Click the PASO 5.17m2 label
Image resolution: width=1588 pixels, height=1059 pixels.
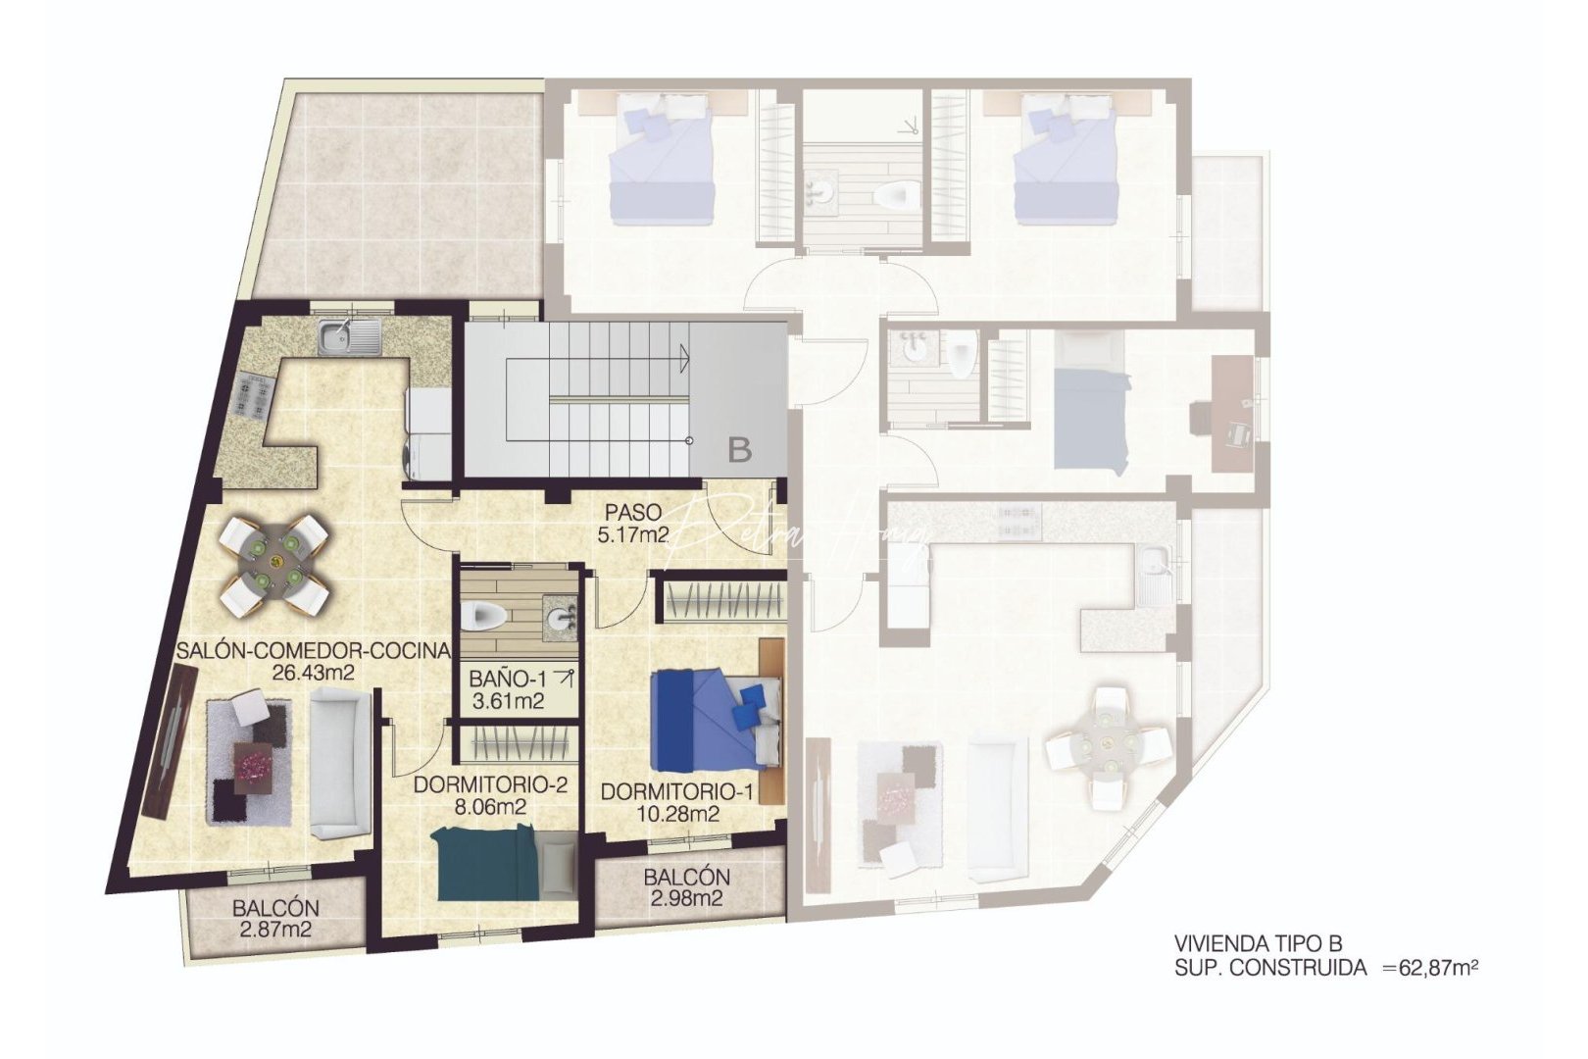(x=632, y=524)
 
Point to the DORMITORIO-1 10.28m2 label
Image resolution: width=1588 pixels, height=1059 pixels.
(x=676, y=802)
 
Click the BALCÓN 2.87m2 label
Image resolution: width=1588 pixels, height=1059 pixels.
(x=275, y=919)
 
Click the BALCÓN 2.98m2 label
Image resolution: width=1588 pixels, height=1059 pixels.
(x=687, y=887)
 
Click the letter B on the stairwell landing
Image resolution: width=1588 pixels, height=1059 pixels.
(x=740, y=450)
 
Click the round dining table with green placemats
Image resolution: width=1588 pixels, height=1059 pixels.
(x=274, y=563)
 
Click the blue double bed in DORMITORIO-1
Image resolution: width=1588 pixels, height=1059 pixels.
(x=716, y=718)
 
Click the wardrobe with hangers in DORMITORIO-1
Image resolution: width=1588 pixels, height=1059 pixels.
(x=723, y=600)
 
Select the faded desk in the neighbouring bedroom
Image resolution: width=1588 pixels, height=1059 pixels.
(x=1232, y=415)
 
